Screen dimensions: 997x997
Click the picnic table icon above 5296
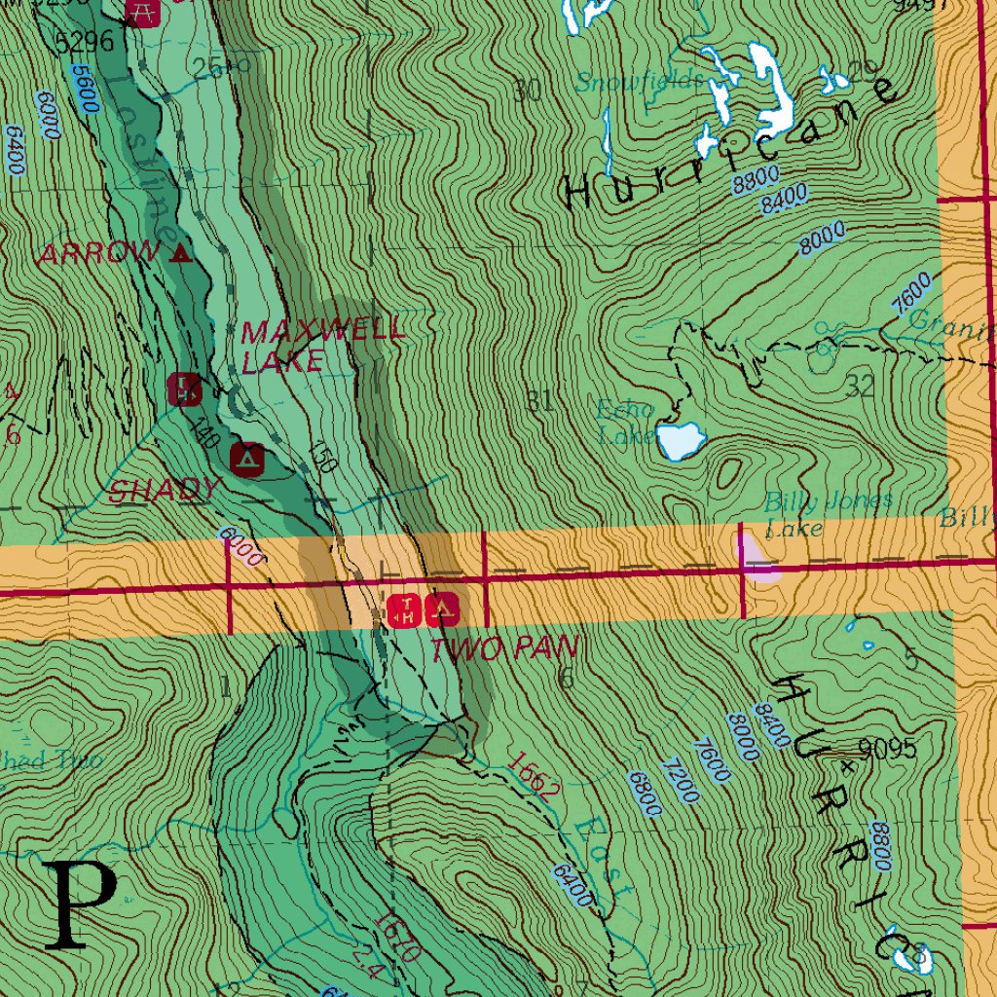tap(143, 13)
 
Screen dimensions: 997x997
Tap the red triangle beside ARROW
tap(180, 255)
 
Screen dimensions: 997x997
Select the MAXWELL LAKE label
tap(321, 346)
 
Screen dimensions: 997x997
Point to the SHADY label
tap(164, 490)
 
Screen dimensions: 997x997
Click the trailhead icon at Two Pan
tap(404, 610)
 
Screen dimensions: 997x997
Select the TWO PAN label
tap(504, 648)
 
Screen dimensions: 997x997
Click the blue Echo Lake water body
tap(681, 440)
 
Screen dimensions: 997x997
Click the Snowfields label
tap(639, 82)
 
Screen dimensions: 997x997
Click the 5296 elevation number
tap(85, 42)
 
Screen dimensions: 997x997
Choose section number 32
tap(861, 388)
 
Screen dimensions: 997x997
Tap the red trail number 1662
tap(533, 776)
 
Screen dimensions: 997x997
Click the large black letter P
tap(80, 906)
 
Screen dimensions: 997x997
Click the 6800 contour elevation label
tap(645, 794)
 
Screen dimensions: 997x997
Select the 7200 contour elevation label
tap(679, 780)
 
